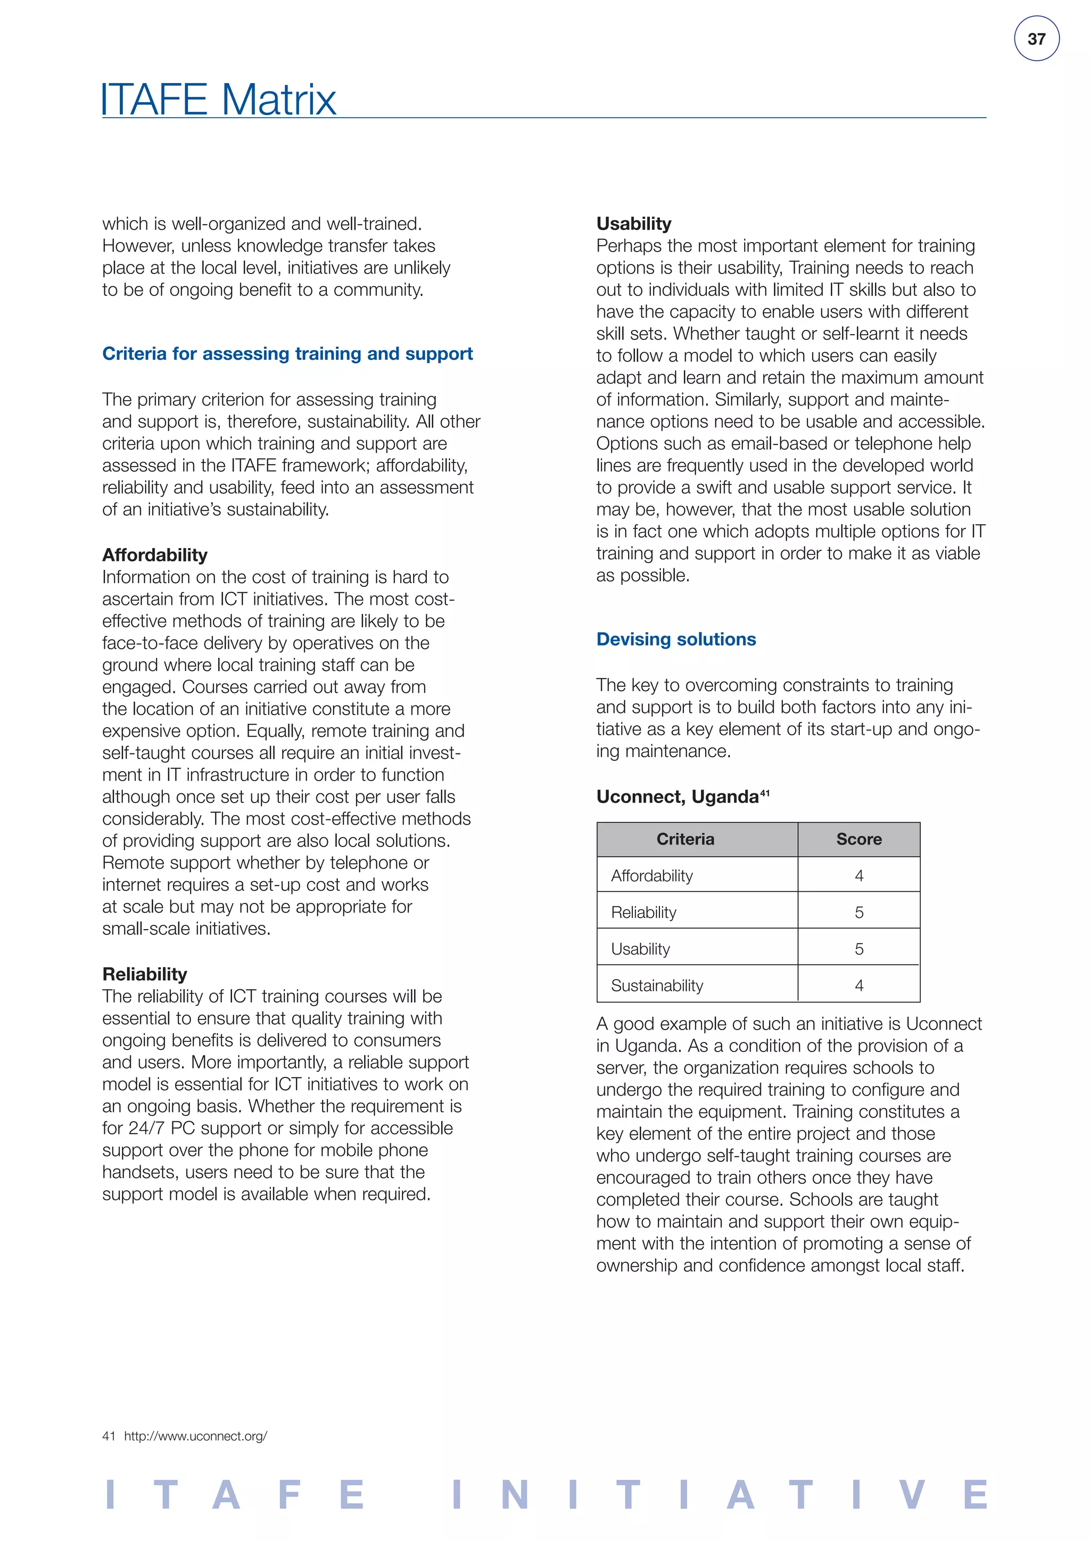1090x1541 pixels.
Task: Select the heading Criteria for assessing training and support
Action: [287, 354]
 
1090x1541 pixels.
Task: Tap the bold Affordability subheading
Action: [154, 555]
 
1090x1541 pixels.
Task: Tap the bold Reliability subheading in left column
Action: [144, 974]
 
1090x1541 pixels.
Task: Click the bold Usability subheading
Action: [633, 223]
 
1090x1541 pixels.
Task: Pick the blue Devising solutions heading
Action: [676, 639]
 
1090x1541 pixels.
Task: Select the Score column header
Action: [858, 839]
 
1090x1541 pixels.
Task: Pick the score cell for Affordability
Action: [858, 876]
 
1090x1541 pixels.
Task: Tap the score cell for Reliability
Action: [858, 913]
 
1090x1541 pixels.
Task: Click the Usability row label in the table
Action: [640, 949]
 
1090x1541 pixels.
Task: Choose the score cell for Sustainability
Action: [858, 986]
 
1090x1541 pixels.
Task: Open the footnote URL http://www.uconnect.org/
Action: [195, 1436]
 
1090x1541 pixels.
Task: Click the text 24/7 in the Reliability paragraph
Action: [146, 1128]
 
